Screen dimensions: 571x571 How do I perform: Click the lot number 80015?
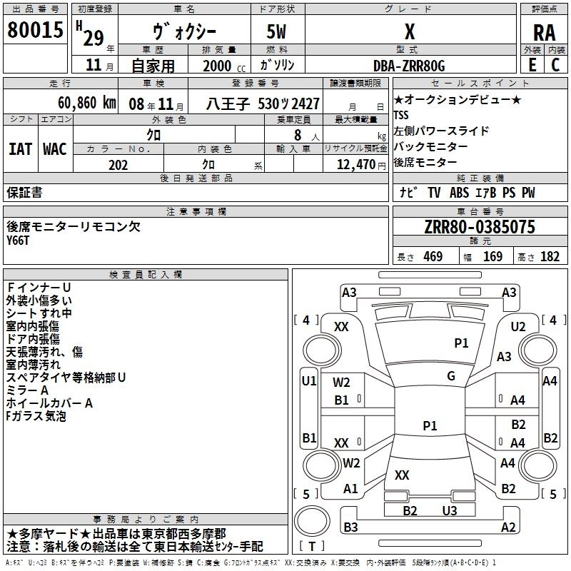click(35, 29)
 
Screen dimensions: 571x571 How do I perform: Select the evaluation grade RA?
click(544, 33)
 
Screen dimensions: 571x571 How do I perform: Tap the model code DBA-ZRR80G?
click(409, 66)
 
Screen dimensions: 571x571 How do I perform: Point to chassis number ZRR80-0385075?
click(479, 227)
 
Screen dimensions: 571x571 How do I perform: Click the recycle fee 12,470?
click(355, 165)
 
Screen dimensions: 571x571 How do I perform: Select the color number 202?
click(118, 165)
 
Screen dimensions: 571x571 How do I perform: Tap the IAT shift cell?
click(21, 149)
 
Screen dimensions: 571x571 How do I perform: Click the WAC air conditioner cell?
click(55, 149)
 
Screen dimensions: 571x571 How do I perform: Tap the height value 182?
click(550, 257)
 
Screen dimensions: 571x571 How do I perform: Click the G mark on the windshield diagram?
click(451, 375)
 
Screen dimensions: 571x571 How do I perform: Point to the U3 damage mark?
click(449, 510)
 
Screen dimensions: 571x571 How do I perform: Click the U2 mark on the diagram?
click(518, 326)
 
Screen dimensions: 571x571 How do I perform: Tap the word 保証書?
click(24, 193)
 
